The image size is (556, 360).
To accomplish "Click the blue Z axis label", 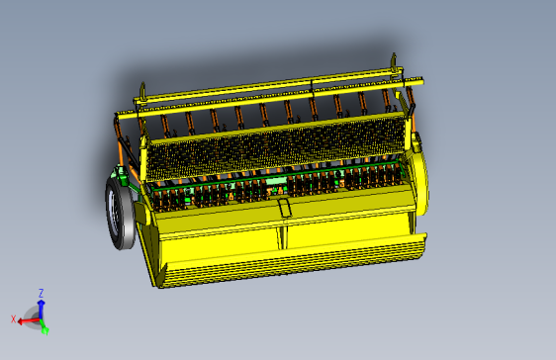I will [41, 293].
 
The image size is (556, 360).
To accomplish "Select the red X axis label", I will [14, 318].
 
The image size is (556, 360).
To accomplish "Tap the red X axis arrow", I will [27, 319].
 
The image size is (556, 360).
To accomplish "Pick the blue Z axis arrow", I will [41, 308].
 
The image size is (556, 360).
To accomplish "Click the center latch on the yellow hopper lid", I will [285, 208].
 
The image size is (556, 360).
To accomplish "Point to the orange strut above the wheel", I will [123, 148].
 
